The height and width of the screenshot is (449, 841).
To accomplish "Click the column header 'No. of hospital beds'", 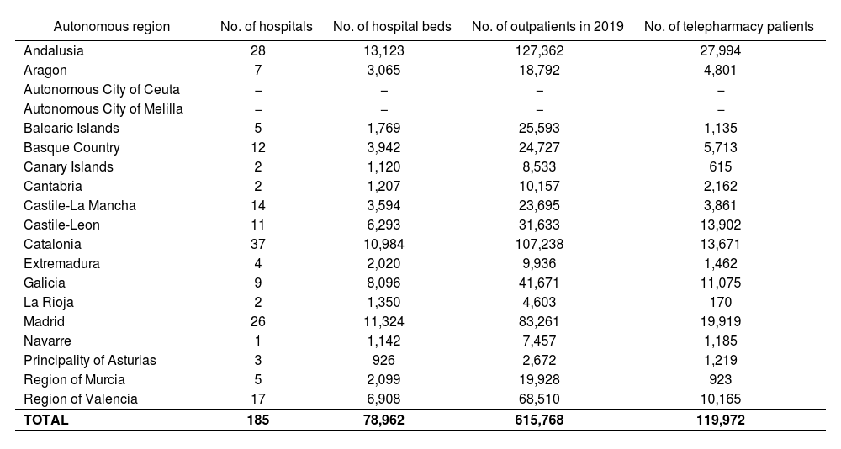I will [x=392, y=27].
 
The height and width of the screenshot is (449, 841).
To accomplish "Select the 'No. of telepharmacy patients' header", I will [x=728, y=27].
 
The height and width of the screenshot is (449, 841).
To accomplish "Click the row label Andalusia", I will [x=54, y=51].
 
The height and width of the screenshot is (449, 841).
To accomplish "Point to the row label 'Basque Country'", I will [x=71, y=148].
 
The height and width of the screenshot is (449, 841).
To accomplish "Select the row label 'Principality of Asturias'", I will [x=90, y=361].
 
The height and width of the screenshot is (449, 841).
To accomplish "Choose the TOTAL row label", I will [x=46, y=420].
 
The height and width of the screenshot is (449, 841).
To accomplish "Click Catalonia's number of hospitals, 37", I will [x=258, y=245].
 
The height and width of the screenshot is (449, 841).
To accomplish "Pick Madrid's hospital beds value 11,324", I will [x=383, y=322].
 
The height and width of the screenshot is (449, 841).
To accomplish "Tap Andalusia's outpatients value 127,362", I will [x=539, y=51].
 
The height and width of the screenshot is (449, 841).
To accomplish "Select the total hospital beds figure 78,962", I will [x=383, y=420].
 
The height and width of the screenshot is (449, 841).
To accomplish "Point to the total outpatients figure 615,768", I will [x=539, y=420].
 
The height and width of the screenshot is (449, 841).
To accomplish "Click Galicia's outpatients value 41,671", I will [x=539, y=283].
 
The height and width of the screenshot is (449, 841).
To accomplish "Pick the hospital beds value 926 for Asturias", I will [x=383, y=361].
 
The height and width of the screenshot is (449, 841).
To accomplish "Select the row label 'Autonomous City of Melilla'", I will [x=103, y=109].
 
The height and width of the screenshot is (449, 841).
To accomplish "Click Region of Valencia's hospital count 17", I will [x=258, y=399].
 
